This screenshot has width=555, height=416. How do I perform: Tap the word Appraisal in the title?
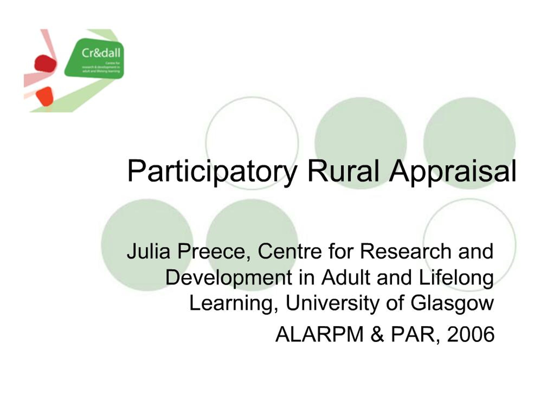[452, 171]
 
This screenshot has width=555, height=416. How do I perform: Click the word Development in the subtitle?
[228, 278]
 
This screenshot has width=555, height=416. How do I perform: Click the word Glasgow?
[452, 303]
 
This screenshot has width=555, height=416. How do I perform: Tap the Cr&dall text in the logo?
[101, 53]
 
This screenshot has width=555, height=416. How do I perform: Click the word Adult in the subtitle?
[346, 278]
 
